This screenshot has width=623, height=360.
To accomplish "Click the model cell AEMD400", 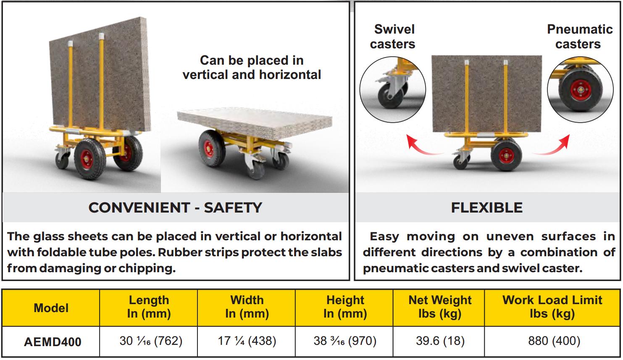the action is (x=53, y=342).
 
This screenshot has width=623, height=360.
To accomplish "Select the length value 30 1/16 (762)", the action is (x=151, y=341).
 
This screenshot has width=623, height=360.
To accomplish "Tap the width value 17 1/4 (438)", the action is (x=247, y=341).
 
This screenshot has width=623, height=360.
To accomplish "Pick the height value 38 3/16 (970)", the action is (x=345, y=341).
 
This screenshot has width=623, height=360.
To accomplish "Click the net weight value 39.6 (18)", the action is (x=440, y=341).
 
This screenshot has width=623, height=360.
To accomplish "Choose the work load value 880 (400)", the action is (x=554, y=341).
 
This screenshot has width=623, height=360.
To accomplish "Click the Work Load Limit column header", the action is (x=552, y=307).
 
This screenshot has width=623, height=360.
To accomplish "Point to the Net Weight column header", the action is (x=440, y=307).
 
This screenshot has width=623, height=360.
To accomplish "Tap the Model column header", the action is (x=51, y=308).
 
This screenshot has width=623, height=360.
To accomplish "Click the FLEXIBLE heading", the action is (x=487, y=208).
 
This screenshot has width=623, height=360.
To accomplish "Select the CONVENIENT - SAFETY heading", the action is (x=175, y=208).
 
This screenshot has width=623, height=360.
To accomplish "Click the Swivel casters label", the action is (x=393, y=37).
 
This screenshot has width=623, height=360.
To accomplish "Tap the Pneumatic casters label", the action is (x=580, y=37).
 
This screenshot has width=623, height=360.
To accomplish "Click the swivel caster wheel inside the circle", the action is (x=390, y=96).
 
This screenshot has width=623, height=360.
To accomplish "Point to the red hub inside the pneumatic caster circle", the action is (x=581, y=89).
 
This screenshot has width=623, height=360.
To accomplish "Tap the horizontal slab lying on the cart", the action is (x=255, y=122).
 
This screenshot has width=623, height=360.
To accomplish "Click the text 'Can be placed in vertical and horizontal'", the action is (x=252, y=68).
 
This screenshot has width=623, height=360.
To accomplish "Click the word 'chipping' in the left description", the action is (x=147, y=268).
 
